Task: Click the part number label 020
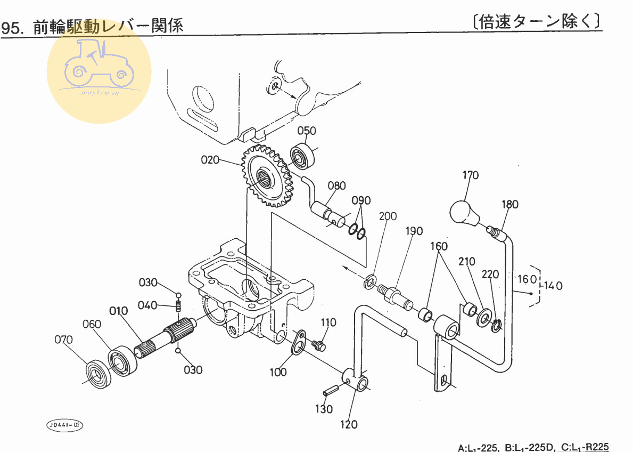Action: tap(210, 160)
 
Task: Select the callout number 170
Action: tap(470, 175)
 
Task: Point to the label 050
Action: tap(307, 131)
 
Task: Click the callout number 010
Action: tap(119, 311)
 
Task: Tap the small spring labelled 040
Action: tap(179, 306)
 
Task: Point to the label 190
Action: tap(414, 231)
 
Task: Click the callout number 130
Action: tap(324, 409)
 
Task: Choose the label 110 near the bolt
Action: tap(328, 322)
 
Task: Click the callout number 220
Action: tap(490, 275)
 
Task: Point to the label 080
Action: tap(336, 185)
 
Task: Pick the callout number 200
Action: tap(388, 216)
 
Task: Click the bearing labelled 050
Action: tap(303, 156)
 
